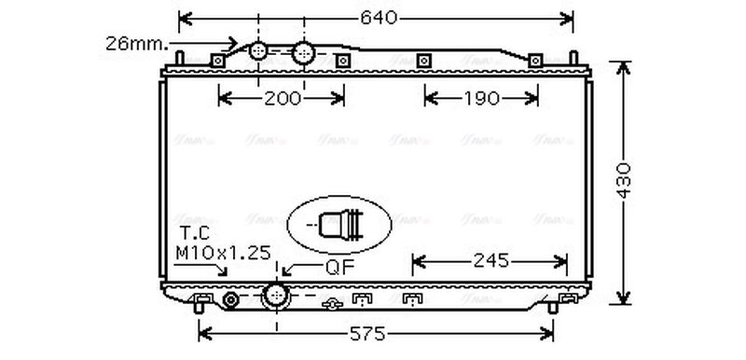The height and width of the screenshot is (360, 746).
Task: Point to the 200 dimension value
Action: tap(282, 97)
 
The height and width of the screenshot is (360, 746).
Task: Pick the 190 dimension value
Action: tap(481, 97)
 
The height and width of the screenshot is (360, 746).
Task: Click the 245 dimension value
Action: tap(490, 260)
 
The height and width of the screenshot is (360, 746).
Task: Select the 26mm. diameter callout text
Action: tap(137, 42)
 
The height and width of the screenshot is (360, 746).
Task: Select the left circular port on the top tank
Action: tap(261, 54)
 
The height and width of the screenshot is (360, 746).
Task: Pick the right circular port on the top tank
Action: tap(303, 54)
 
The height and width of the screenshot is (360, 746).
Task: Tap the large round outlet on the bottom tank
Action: tap(276, 296)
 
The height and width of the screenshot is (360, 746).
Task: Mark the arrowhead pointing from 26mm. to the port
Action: tap(234, 42)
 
